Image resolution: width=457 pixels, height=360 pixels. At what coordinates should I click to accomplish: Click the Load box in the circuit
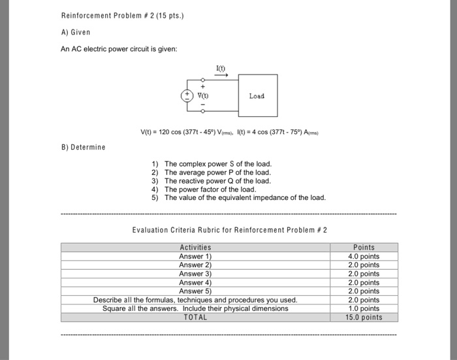click(256, 96)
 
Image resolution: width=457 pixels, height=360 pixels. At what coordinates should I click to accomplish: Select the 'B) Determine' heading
click(82, 147)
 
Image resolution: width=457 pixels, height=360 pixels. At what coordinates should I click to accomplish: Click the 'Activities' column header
click(195, 248)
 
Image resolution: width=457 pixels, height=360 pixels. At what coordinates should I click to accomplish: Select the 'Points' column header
click(364, 248)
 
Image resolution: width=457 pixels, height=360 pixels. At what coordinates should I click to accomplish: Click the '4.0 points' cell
click(364, 257)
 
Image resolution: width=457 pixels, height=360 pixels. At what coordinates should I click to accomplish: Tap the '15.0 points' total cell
click(364, 318)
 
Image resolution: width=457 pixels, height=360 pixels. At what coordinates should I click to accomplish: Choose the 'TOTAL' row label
click(195, 318)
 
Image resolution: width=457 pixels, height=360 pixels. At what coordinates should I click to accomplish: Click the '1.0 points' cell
click(364, 308)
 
